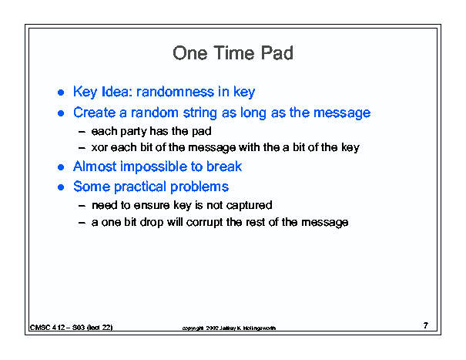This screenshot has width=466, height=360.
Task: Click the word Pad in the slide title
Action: (x=277, y=53)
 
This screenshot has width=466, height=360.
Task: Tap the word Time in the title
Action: (x=234, y=53)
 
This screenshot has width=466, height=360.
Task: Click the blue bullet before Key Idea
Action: (x=61, y=93)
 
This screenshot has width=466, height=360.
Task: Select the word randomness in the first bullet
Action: (x=175, y=92)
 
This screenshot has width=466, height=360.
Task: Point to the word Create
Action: (x=95, y=113)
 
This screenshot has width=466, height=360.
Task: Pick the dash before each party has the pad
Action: (x=82, y=132)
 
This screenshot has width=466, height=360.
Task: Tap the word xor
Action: (x=99, y=147)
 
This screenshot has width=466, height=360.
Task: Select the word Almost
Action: (x=95, y=167)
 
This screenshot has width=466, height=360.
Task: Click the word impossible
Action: (x=153, y=167)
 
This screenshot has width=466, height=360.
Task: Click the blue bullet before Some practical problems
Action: (x=61, y=187)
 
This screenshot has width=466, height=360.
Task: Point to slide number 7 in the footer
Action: (x=426, y=325)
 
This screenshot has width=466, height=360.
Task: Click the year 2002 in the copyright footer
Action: (x=212, y=328)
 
